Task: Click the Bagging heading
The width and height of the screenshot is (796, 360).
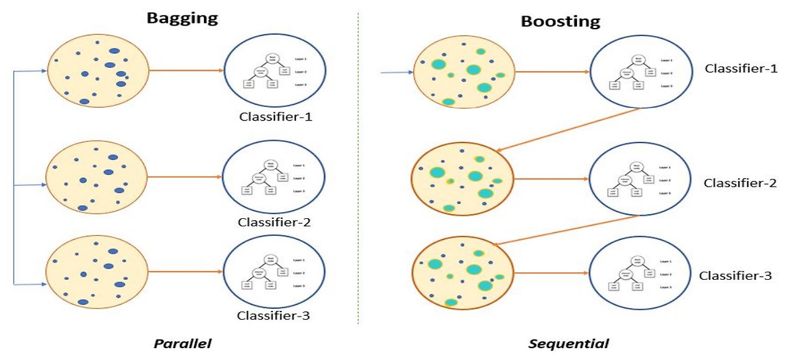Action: [x=182, y=17]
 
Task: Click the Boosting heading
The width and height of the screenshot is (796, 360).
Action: [x=560, y=22]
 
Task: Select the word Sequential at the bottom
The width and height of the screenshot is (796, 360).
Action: [x=568, y=343]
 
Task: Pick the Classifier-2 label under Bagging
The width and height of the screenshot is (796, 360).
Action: [x=273, y=222]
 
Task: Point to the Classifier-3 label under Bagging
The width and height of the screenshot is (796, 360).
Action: [x=273, y=315]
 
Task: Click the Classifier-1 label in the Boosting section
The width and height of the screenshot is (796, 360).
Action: [x=741, y=68]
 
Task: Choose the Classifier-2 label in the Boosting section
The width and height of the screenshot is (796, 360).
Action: [x=740, y=183]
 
